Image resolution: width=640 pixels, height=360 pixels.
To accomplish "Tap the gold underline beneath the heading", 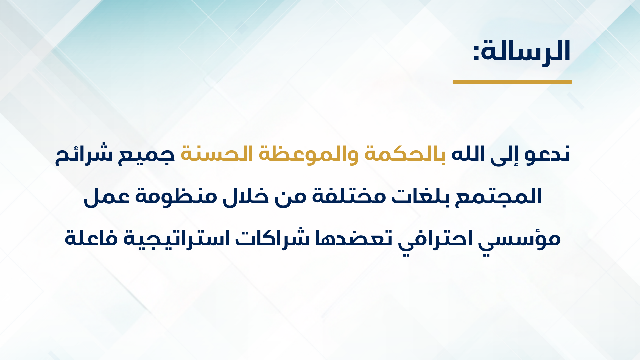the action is click(512, 82).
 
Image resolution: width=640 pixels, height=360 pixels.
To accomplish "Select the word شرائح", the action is click(83, 154).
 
